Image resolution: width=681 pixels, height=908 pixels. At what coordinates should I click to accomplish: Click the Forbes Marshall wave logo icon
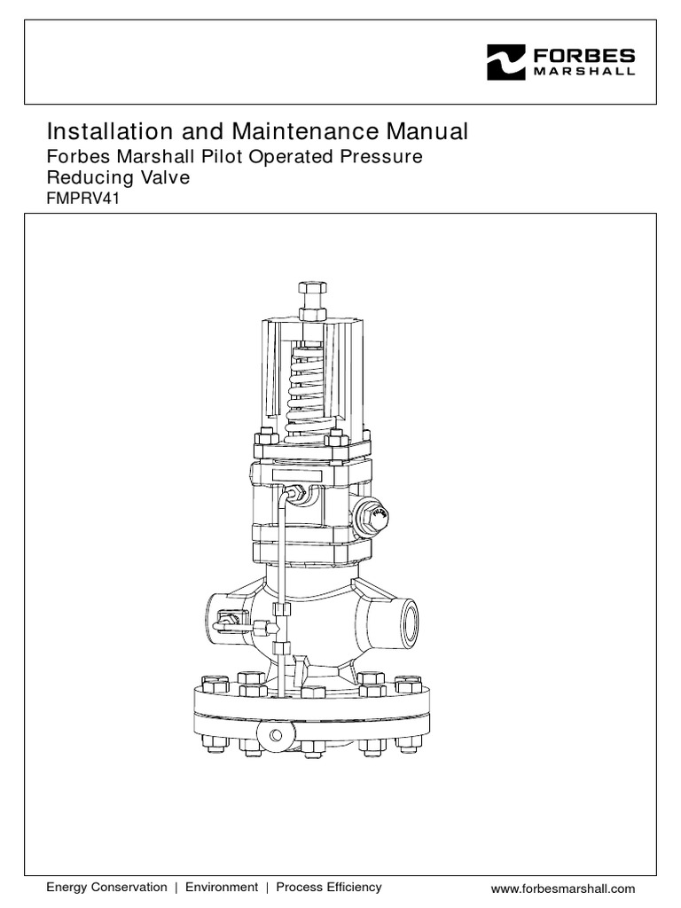tap(506, 62)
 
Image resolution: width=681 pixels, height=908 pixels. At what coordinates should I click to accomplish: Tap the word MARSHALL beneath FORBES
tap(583, 72)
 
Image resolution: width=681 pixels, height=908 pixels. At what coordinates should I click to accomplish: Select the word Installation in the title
tap(98, 132)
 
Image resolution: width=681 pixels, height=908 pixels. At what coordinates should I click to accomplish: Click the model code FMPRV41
tap(82, 199)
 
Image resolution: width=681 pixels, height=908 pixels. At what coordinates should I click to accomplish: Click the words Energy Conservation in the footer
tap(106, 887)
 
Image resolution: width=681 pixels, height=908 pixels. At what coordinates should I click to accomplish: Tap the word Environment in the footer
tap(222, 887)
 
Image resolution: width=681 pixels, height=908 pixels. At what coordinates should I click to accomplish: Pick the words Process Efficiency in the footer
tap(329, 887)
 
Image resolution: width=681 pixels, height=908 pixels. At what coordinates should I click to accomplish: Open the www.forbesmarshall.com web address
tap(563, 888)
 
